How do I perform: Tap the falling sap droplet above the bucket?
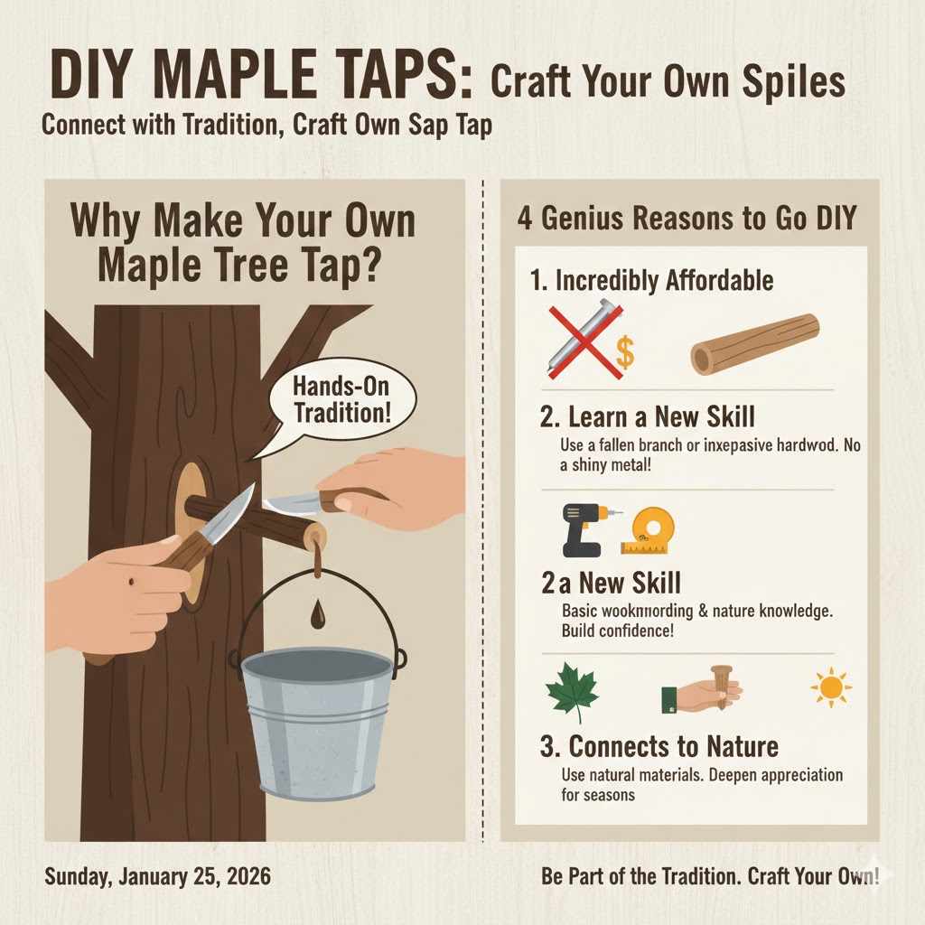[317, 615]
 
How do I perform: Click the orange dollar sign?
[623, 353]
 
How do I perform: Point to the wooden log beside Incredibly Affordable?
[754, 344]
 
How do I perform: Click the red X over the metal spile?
[583, 341]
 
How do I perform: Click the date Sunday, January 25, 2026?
[155, 876]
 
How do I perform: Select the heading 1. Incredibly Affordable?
[651, 280]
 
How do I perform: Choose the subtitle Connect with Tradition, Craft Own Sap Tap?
[266, 125]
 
